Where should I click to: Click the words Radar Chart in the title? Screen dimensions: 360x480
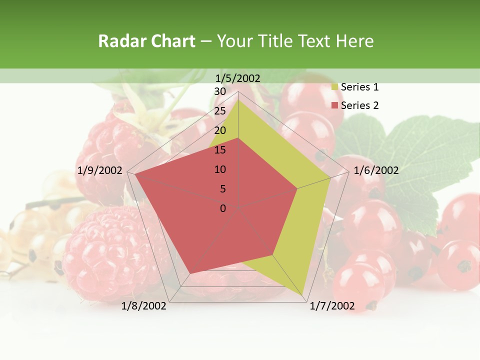tap(146, 41)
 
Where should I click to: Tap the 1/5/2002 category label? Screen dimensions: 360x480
tap(238, 78)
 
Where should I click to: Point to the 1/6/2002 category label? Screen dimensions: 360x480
tap(376, 170)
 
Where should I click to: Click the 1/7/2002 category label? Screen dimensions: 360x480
tap(332, 306)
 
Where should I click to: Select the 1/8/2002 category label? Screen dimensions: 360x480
tap(144, 306)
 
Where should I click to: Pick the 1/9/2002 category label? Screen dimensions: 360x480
tap(100, 170)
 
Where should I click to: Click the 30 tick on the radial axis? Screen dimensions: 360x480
tap(220, 91)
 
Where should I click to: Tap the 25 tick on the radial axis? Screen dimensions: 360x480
tap(220, 111)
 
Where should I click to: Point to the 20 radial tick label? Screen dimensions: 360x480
tap(220, 130)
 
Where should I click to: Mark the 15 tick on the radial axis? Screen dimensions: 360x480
tap(220, 150)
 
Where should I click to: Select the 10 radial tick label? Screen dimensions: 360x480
tap(220, 169)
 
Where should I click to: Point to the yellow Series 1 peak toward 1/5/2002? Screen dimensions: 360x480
tap(238, 99)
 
